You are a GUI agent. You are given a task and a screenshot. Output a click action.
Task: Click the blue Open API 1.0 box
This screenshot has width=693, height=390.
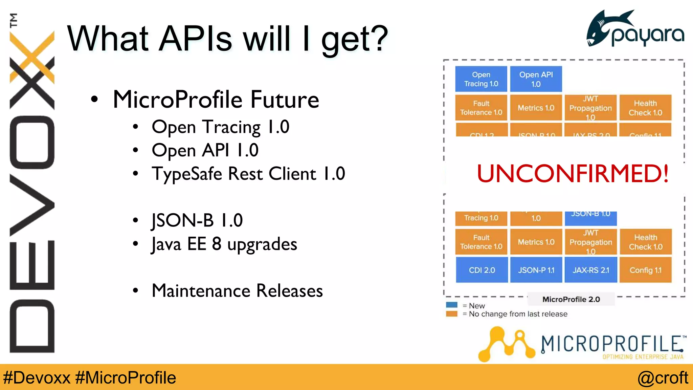point(536,79)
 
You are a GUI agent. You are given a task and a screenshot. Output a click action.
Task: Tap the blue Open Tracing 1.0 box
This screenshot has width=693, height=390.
point(481,79)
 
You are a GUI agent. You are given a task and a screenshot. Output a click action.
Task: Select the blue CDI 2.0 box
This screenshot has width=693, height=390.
point(482,270)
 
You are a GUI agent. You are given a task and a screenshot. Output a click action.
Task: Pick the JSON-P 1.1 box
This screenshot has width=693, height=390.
point(536,270)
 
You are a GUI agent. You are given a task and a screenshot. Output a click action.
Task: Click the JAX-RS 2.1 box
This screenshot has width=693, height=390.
point(591,270)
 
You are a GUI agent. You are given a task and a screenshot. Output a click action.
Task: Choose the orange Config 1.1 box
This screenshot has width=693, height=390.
point(645,270)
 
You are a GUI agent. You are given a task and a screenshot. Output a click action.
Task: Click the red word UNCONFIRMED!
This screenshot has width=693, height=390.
point(573,173)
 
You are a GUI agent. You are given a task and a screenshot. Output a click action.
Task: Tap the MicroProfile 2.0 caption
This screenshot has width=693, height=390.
point(571,299)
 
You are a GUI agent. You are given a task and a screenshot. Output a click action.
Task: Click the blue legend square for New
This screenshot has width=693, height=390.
point(452,305)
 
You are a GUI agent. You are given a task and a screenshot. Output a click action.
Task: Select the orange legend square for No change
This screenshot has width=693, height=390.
point(452,314)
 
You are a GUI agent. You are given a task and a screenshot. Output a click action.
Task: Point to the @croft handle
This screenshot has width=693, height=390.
point(663,377)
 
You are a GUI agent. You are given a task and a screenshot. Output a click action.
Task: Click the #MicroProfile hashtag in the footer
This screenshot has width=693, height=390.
point(126,377)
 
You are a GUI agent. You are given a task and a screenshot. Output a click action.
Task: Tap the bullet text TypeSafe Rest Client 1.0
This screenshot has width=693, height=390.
point(248,174)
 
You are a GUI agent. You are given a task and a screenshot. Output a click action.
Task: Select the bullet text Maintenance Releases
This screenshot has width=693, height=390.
point(237,290)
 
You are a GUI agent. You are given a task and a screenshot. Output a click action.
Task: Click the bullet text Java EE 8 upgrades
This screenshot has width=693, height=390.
point(224,244)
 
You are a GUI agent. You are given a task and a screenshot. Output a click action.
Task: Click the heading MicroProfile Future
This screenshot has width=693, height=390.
point(216,100)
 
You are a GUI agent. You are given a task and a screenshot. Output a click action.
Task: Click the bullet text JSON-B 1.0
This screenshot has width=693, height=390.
point(197,220)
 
